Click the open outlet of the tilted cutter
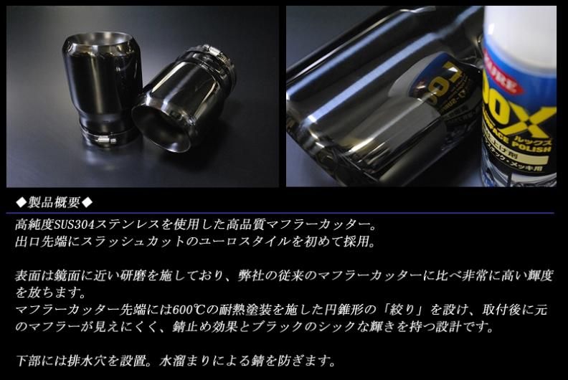click(x=161, y=125)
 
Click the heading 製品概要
click(x=54, y=201)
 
